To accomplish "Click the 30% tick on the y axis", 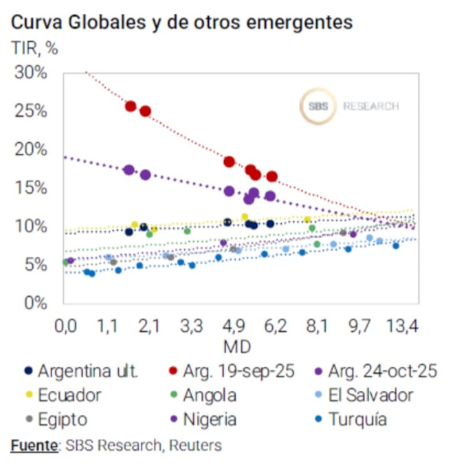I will tap(32, 73).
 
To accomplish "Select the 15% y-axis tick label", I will tap(32, 187).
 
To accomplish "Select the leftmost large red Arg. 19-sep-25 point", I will tap(131, 106).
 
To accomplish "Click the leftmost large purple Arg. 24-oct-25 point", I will tap(129, 170).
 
